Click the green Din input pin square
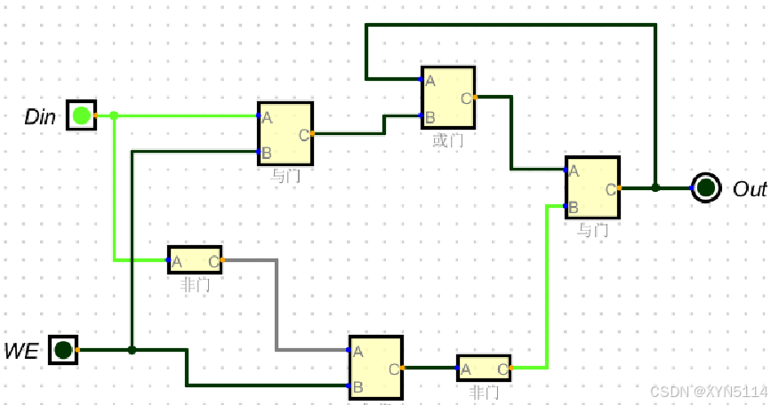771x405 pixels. point(81,115)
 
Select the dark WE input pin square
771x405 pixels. point(62,350)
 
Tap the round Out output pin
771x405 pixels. point(706,188)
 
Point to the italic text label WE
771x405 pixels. point(21,351)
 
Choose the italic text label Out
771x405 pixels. point(749,189)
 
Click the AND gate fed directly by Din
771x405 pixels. point(285,134)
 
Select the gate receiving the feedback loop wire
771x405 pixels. point(447,97)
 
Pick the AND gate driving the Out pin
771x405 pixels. point(591,187)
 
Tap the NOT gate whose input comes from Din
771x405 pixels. point(195,260)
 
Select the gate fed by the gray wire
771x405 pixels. point(375,367)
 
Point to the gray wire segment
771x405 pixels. point(277,302)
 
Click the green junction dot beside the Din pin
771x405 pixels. point(114,115)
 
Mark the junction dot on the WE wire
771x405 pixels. point(132,350)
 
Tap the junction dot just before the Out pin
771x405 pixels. point(655,188)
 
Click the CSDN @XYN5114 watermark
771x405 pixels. point(708,391)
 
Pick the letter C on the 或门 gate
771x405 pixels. point(466,98)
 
